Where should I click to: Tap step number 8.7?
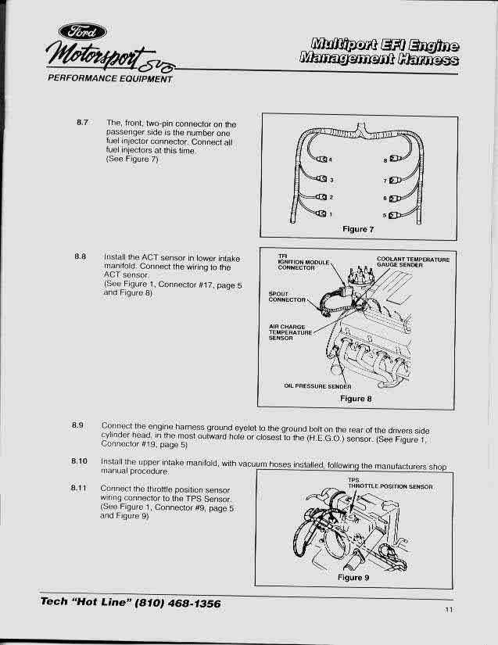click(x=84, y=123)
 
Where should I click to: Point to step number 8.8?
click(x=84, y=256)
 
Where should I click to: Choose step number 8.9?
click(x=77, y=425)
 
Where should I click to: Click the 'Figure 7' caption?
click(x=358, y=229)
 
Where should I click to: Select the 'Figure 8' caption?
click(x=356, y=398)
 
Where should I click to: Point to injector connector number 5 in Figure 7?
click(x=393, y=214)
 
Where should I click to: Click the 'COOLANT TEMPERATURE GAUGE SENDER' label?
click(x=412, y=262)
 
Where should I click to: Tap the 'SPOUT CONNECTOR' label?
click(x=286, y=297)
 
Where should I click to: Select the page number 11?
click(x=449, y=609)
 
